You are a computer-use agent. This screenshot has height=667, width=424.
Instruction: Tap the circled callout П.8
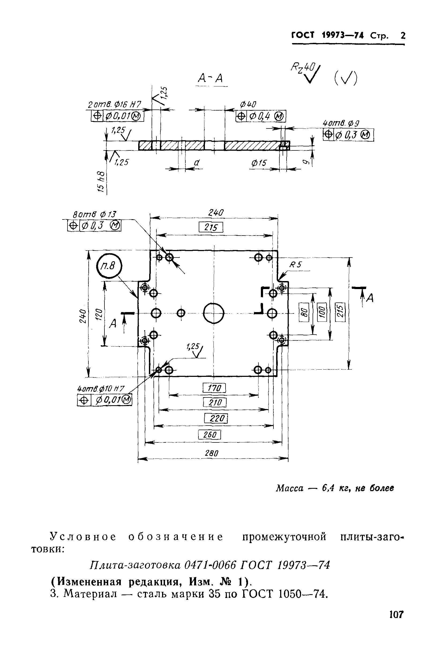point(109,266)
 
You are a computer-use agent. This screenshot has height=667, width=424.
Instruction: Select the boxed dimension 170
point(214,388)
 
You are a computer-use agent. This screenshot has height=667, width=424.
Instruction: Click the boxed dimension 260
point(209,435)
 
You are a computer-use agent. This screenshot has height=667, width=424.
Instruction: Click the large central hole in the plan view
point(214,313)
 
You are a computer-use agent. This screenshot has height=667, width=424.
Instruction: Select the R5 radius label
point(295,265)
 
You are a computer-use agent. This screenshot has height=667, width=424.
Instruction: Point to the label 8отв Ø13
point(95,214)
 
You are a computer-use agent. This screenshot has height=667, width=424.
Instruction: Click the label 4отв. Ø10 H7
point(101,389)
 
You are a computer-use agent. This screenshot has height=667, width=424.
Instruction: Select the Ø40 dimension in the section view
point(248,104)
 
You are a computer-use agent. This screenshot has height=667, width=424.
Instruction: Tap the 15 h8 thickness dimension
point(101,181)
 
